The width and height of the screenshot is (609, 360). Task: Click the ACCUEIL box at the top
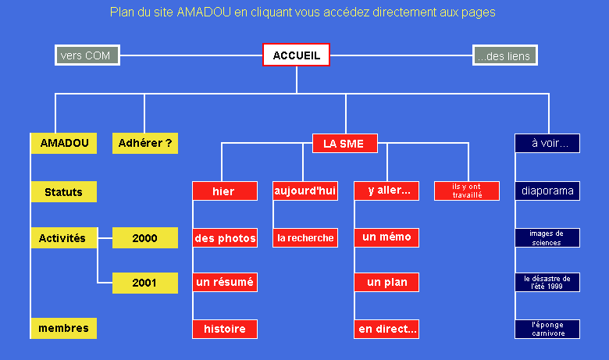point(296,55)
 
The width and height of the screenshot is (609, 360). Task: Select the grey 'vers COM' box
point(87,55)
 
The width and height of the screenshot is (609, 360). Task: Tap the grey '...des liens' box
point(505,55)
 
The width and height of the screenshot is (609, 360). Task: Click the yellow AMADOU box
point(64,144)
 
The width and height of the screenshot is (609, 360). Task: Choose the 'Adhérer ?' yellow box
point(145,144)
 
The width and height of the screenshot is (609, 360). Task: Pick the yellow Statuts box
point(64,192)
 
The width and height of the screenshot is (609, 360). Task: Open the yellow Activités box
point(64,237)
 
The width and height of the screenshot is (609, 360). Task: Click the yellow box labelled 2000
point(145,237)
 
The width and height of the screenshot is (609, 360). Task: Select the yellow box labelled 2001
point(145,283)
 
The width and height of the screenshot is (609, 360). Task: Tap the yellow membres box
point(64,328)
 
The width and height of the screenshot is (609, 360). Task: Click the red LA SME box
point(345,144)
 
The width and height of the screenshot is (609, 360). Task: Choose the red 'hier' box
point(225,191)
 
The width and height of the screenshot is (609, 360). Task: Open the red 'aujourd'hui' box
point(305,191)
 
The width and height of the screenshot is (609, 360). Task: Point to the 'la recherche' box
point(305,237)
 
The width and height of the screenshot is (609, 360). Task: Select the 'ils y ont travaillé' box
point(467,191)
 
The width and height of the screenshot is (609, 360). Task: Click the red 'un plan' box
point(386,282)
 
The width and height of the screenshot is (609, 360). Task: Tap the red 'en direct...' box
point(386,329)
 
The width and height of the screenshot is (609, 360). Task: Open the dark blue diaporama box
point(547,191)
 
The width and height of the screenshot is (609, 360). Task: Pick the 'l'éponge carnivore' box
point(547,329)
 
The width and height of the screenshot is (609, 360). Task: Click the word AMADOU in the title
point(204,12)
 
